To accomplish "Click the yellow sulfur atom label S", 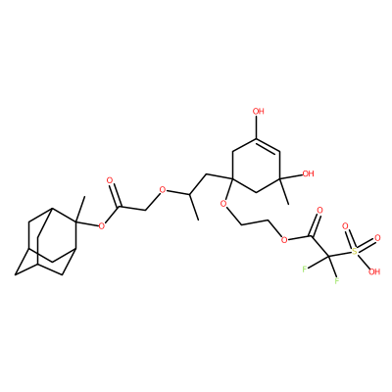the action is click(x=355, y=251).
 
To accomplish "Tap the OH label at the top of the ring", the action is click(x=258, y=112).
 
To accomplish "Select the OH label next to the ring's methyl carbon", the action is click(x=308, y=173).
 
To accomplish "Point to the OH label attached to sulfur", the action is click(x=374, y=271).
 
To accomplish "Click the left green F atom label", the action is click(x=305, y=269).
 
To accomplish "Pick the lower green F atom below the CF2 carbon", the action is click(x=336, y=280).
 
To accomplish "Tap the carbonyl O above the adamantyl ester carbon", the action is click(x=110, y=180).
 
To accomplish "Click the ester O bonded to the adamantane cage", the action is click(x=102, y=225).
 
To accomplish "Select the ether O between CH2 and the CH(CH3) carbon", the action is click(x=163, y=190).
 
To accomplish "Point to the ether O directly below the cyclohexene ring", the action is click(x=223, y=205).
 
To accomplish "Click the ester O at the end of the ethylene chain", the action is click(x=284, y=240).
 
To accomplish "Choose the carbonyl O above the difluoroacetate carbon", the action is click(x=319, y=210).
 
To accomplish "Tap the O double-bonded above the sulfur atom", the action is click(x=345, y=226).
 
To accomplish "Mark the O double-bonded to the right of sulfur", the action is click(x=377, y=238).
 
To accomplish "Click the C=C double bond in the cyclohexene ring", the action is click(x=268, y=146).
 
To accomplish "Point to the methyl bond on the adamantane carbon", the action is click(x=80, y=210).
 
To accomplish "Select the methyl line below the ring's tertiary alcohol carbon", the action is click(x=284, y=190).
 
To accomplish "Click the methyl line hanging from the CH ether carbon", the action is click(x=193, y=207).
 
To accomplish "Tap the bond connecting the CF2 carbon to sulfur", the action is click(x=340, y=254).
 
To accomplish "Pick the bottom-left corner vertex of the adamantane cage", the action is click(x=15, y=274).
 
